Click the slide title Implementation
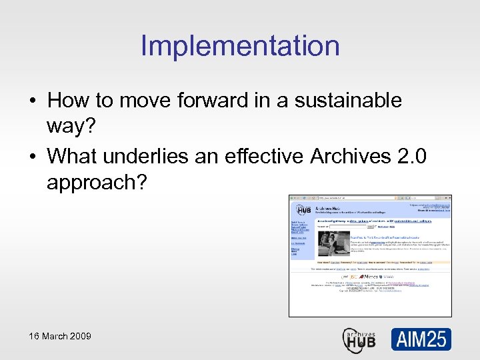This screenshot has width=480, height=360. tap(240, 46)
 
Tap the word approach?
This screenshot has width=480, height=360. tap(97, 183)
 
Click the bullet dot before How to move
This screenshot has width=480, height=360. tap(32, 101)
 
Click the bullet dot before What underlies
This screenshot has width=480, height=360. tap(32, 157)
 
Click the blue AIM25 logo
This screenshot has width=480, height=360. tap(421, 339)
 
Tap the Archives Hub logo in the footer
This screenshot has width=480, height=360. tap(359, 339)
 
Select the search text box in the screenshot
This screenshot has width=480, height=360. tap(353, 227)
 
